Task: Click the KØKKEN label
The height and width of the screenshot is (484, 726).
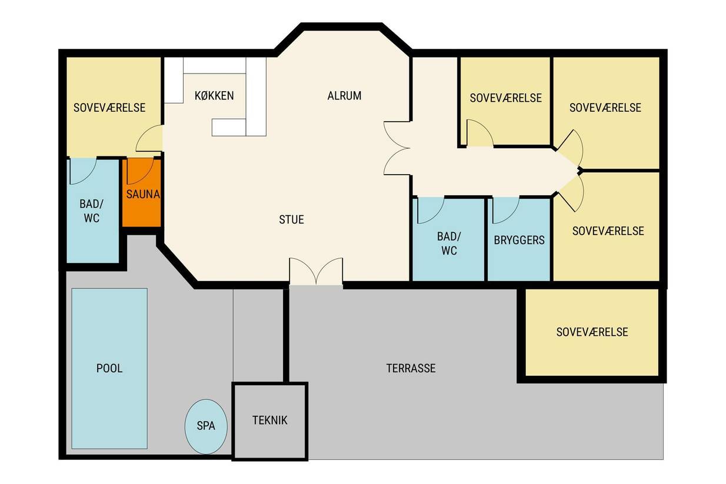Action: pyautogui.click(x=214, y=96)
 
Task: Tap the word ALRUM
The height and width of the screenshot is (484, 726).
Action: pyautogui.click(x=344, y=96)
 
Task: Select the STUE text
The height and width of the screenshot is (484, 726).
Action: pyautogui.click(x=291, y=219)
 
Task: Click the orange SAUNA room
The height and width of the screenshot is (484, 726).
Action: pyautogui.click(x=142, y=193)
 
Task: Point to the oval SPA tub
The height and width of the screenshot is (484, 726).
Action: pyautogui.click(x=206, y=426)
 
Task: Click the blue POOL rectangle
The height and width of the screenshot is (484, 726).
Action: pyautogui.click(x=109, y=368)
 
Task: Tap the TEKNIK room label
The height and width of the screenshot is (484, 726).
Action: pyautogui.click(x=269, y=420)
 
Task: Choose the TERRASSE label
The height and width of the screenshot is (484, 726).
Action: pyautogui.click(x=411, y=368)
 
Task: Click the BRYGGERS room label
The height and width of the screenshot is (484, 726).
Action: pyautogui.click(x=519, y=240)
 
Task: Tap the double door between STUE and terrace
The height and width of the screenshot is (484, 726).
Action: pyautogui.click(x=316, y=272)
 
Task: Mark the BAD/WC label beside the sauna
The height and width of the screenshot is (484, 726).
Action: pyautogui.click(x=91, y=211)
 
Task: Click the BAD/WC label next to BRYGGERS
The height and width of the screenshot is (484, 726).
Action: pyautogui.click(x=449, y=243)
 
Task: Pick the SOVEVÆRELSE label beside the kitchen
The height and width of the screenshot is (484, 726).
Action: pyautogui.click(x=109, y=108)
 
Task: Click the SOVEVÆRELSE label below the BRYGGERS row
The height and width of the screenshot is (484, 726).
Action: pyautogui.click(x=592, y=332)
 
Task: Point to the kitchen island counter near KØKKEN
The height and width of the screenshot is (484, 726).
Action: pyautogui.click(x=229, y=127)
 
